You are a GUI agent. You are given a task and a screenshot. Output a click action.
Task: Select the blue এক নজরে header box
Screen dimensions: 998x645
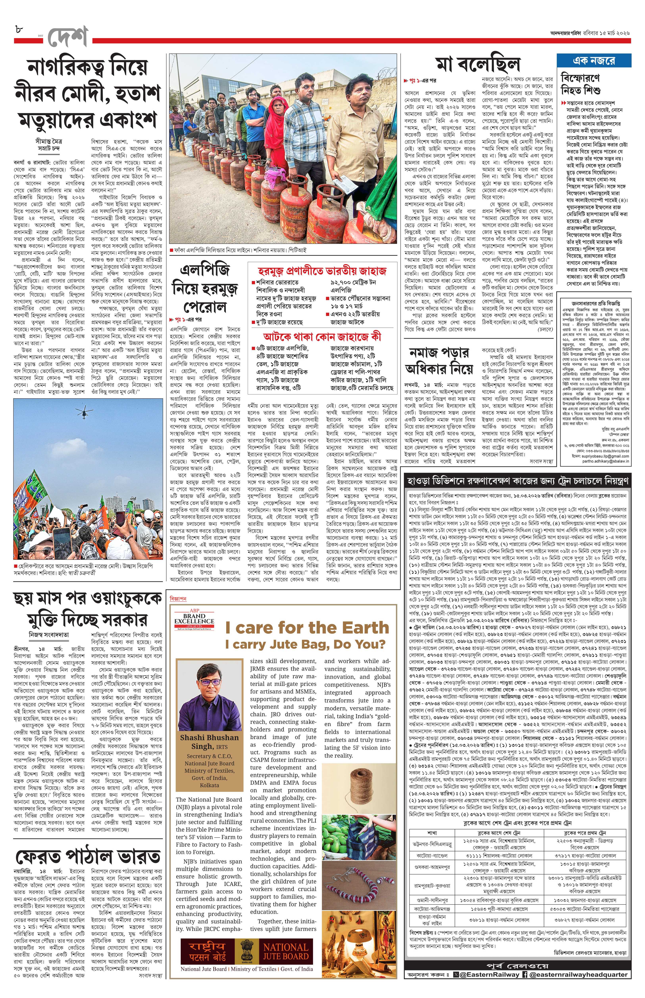pos(594,61)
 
